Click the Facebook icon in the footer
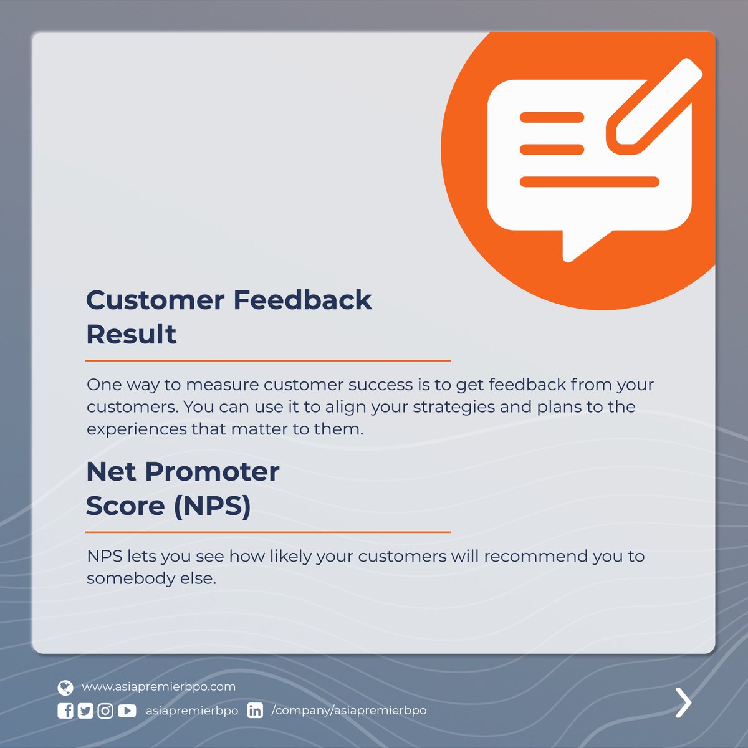pyautogui.click(x=65, y=711)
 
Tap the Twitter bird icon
pyautogui.click(x=85, y=711)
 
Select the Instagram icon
pyautogui.click(x=105, y=711)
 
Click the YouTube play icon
pyautogui.click(x=127, y=711)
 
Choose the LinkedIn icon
pyautogui.click(x=255, y=711)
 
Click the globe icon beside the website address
pyautogui.click(x=65, y=688)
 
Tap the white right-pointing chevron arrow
pyautogui.click(x=684, y=702)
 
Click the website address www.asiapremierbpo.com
pyautogui.click(x=158, y=687)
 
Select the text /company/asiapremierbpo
pyautogui.click(x=349, y=711)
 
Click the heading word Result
pyautogui.click(x=131, y=335)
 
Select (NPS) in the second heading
pyautogui.click(x=212, y=506)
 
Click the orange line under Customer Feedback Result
pyautogui.click(x=268, y=360)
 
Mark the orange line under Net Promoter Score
pyautogui.click(x=268, y=532)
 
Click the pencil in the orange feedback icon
pyautogui.click(x=654, y=106)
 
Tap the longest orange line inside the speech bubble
pyautogui.click(x=589, y=182)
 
